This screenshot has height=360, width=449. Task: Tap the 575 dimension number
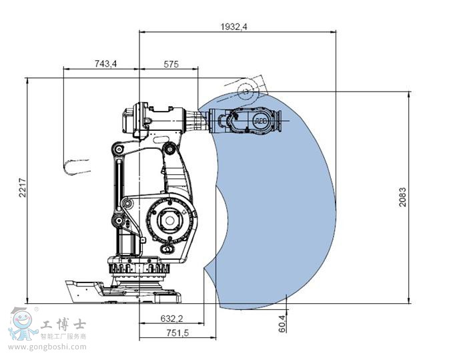171,64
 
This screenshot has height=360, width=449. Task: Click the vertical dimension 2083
402,196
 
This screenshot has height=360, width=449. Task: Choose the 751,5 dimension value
176,333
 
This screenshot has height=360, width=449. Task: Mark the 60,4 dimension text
282,325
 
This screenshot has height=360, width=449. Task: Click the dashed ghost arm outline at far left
76,166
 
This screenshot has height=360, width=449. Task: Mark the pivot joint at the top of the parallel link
117,149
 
